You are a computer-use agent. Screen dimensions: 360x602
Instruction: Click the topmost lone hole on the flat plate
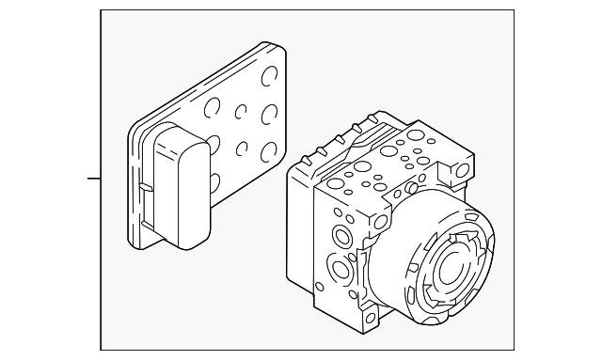(271, 76)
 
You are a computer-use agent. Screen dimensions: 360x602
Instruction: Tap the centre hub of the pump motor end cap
(457, 268)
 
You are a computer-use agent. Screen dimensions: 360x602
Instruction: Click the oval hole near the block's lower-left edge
(321, 287)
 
